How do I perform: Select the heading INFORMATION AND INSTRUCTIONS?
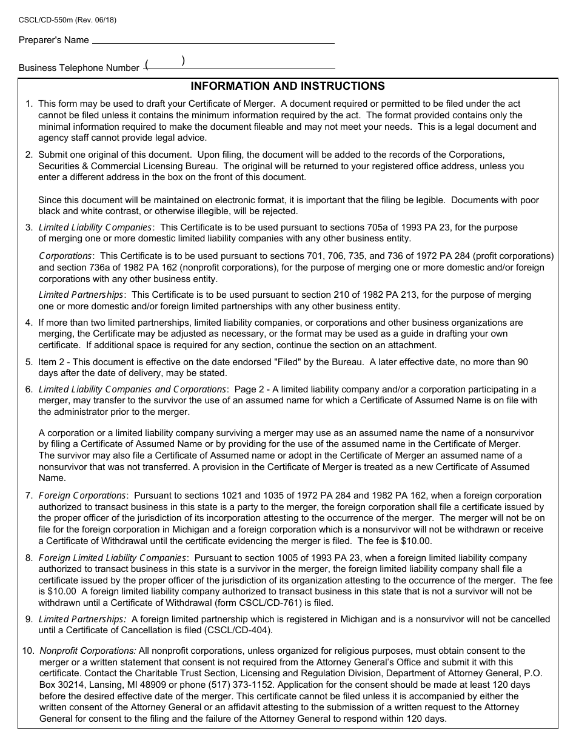pyautogui.click(x=287, y=86)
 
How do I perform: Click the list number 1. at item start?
pyautogui.click(x=29, y=104)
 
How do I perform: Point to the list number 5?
pyautogui.click(x=29, y=362)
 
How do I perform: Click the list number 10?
pyautogui.click(x=28, y=651)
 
